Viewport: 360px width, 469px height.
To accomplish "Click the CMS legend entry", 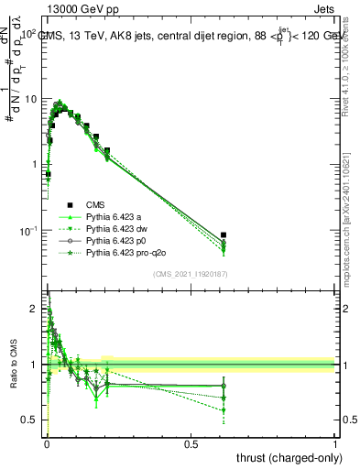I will click(x=98, y=205).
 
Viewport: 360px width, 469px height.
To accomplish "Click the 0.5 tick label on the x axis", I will click(x=191, y=443).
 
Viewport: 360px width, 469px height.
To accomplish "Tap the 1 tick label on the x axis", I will click(x=335, y=443).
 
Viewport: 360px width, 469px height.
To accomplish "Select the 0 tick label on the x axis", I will click(x=47, y=443).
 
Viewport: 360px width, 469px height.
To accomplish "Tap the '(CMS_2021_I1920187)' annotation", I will click(x=190, y=274).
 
